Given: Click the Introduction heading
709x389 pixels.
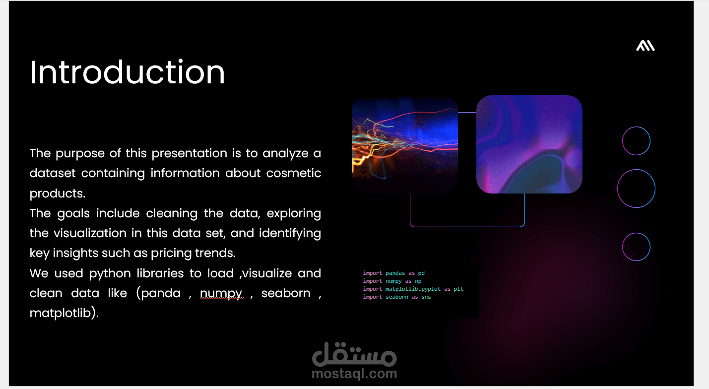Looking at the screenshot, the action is coord(127,72).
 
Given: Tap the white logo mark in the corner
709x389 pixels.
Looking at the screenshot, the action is coord(645,46).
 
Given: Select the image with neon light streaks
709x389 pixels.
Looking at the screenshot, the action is coord(405,145).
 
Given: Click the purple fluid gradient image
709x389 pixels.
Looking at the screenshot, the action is coord(529,144).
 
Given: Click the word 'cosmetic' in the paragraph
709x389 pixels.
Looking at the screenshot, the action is coord(293,173).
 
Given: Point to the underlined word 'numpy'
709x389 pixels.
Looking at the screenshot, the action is coord(221,294).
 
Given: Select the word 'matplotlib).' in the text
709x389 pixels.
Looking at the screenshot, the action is coord(64,313).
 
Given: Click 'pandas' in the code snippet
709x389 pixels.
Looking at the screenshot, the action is coord(395,273).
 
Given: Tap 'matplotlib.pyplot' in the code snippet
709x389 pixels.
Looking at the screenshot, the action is coord(413,289).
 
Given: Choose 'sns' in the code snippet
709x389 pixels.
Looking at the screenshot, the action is coord(426,297).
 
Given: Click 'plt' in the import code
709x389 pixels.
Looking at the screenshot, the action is coord(458,289).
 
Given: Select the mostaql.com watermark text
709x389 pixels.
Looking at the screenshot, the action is coord(354,374).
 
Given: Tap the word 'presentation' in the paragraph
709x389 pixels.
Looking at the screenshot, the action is coord(189,153).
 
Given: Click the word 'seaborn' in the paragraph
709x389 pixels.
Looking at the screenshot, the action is coord(286,293).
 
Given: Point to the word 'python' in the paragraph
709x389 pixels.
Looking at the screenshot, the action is coord(110,273).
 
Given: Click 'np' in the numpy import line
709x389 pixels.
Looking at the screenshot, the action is coord(418,281).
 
